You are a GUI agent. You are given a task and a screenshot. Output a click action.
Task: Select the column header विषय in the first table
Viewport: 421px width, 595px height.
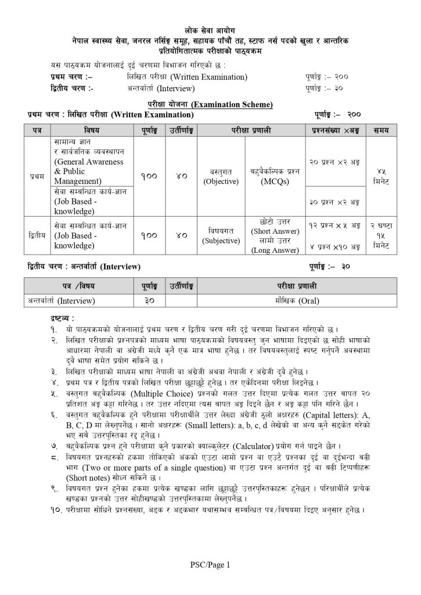point(91,128)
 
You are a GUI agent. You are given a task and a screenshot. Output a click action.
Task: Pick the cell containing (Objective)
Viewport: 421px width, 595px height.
point(221,181)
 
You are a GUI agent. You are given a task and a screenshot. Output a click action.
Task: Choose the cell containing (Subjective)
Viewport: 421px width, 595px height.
point(221,241)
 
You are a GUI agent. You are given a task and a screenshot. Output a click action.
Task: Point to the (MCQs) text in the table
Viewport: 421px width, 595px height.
point(275,181)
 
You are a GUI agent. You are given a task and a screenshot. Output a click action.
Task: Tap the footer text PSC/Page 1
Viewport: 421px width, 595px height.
point(210,564)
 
